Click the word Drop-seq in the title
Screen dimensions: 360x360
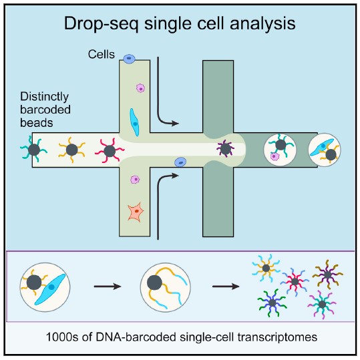(x=101, y=24)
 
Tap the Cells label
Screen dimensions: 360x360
(x=102, y=54)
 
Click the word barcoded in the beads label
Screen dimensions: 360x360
(x=45, y=110)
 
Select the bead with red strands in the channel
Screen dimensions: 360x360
(x=110, y=151)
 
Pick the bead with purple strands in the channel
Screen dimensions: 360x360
(x=226, y=148)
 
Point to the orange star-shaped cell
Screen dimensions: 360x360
(x=136, y=212)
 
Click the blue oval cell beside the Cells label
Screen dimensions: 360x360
(x=130, y=59)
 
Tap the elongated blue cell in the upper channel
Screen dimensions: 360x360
(x=134, y=122)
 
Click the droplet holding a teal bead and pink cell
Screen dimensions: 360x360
(x=280, y=150)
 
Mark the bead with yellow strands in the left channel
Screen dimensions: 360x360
(x=72, y=150)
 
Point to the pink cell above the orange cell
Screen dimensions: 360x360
(x=135, y=179)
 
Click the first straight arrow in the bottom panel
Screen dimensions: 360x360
(x=108, y=287)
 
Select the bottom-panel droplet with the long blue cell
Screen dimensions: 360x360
(x=45, y=287)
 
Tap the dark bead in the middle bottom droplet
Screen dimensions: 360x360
(x=154, y=283)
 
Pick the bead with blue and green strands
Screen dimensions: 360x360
(x=273, y=303)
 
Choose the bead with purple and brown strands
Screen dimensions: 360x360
(x=328, y=275)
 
